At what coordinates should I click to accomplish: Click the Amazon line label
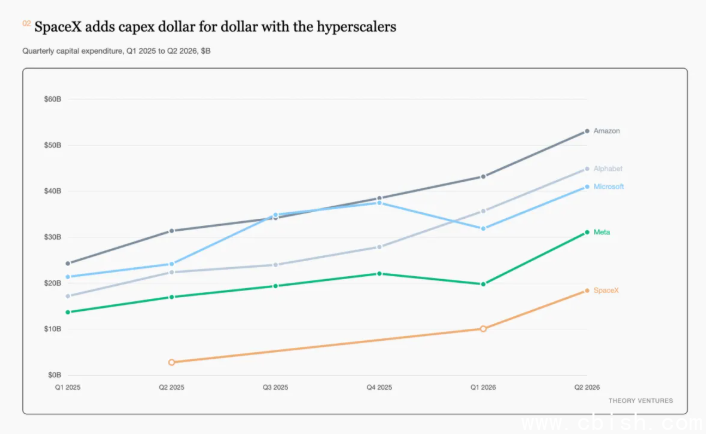pos(606,131)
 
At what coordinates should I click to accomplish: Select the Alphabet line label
pos(608,169)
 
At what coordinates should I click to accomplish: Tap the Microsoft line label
pos(609,187)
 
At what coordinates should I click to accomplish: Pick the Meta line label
pos(602,232)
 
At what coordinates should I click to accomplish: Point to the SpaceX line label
pos(606,290)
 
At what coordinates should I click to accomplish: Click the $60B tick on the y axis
pos(53,99)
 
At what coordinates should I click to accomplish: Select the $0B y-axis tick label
pos(54,375)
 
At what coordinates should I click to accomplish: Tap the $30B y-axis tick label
pos(53,237)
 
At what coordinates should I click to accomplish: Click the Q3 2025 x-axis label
pos(276,387)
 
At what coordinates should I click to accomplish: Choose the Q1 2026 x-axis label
pos(483,387)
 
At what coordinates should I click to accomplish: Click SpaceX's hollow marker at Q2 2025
pos(172,362)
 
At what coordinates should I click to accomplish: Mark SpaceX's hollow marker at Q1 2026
pos(483,329)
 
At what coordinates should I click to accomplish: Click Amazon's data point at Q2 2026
pos(587,131)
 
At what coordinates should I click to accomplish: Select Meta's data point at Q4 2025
pos(379,274)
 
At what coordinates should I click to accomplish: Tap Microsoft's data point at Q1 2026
pos(483,229)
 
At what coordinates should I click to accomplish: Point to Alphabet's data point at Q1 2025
pos(68,296)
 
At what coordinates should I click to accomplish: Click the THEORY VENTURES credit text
pos(641,401)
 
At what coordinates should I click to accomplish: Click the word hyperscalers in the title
pos(356,27)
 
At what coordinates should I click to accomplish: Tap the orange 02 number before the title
pos(27,23)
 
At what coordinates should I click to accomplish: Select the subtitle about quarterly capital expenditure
pos(117,51)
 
